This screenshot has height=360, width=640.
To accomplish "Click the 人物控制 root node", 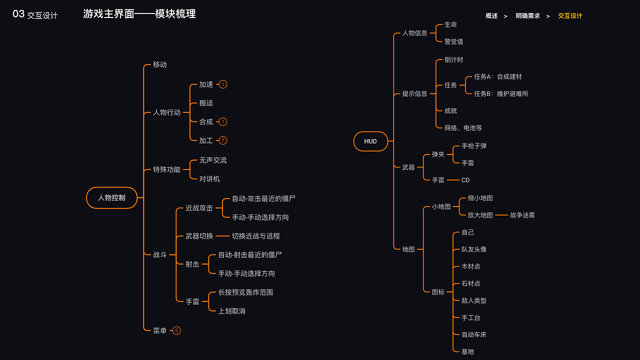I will coord(111,197).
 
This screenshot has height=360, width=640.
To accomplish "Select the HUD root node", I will coord(370,141).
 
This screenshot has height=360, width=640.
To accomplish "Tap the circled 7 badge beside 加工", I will coord(223,140).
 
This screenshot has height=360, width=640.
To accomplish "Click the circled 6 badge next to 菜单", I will coord(176,330).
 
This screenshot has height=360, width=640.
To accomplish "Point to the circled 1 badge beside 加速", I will coord(223,84).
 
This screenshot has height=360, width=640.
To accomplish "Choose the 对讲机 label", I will coord(209,179).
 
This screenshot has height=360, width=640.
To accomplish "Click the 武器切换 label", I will coord(199,236).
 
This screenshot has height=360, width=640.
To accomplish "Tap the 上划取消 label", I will coord(231,311).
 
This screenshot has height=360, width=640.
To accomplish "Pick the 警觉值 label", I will coord(453,41).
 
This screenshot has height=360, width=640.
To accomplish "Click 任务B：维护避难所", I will coord(501,94).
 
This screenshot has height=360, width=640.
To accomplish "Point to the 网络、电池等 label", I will coord(463,128).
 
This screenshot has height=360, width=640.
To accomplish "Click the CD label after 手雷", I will coord(465,180).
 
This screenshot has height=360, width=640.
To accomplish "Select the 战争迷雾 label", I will coord(522,215).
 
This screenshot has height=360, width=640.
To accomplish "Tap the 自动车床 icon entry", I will coord(473,334).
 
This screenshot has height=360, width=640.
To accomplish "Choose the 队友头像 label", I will coord(473,249).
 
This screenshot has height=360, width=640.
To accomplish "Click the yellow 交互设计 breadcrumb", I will coord(570,16).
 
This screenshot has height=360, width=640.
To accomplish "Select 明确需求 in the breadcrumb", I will coord(527,16).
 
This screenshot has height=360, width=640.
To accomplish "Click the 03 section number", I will coord(18,14).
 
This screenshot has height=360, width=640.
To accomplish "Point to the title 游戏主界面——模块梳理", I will coord(139,14).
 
